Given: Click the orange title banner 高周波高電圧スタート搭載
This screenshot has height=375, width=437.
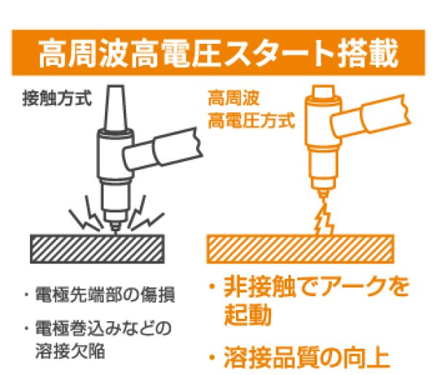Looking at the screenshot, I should click(219, 53).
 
